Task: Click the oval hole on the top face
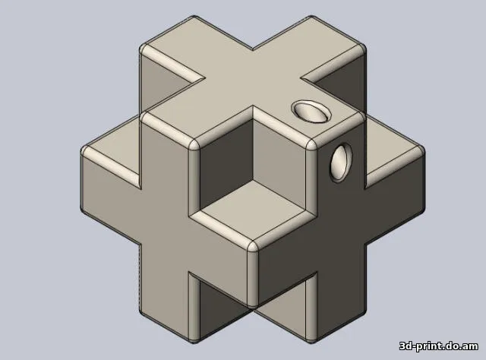click(x=311, y=111)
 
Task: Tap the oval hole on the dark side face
click(x=341, y=163)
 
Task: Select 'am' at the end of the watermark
click(x=471, y=346)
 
